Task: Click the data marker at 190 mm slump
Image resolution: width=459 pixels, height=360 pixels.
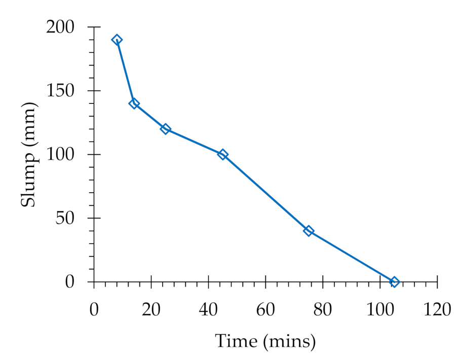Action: pyautogui.click(x=117, y=40)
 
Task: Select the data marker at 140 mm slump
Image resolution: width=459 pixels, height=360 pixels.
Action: pyautogui.click(x=134, y=103)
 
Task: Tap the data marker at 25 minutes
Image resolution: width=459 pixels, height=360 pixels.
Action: pyautogui.click(x=165, y=129)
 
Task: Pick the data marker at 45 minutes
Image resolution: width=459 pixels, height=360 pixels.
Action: pyautogui.click(x=223, y=154)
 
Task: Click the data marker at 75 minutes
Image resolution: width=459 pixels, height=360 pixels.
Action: pyautogui.click(x=309, y=231)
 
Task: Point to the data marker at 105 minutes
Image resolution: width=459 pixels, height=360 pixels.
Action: pyautogui.click(x=394, y=281)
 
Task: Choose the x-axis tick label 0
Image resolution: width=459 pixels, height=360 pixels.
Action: pyautogui.click(x=94, y=309)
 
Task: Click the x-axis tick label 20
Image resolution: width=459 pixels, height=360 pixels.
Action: pyautogui.click(x=151, y=309)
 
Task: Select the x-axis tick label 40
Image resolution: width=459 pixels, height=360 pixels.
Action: pyautogui.click(x=208, y=309)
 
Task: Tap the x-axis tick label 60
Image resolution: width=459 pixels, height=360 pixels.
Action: pyautogui.click(x=265, y=309)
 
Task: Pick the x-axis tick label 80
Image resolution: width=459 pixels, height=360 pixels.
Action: pyautogui.click(x=323, y=309)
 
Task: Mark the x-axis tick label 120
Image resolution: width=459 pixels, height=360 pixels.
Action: pyautogui.click(x=437, y=309)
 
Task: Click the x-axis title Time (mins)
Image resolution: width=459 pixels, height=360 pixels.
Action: pyautogui.click(x=265, y=341)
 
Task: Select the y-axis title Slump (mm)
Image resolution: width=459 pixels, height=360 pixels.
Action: pyautogui.click(x=29, y=154)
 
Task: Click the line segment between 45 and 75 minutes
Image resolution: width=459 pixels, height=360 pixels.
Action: pyautogui.click(x=265, y=192)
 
